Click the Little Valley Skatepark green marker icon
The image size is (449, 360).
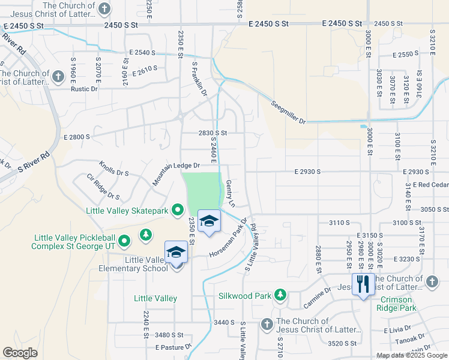pyautogui.click(x=177, y=210)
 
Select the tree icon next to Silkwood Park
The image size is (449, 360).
pyautogui.click(x=280, y=294)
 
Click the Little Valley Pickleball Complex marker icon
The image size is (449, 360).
pyautogui.click(x=124, y=242)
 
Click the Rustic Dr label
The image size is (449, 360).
pyautogui.click(x=84, y=89)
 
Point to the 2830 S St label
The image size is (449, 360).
pyautogui.click(x=212, y=133)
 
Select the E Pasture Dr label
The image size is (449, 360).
pyautogui.click(x=173, y=347)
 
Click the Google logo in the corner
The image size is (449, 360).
pyautogui.click(x=20, y=353)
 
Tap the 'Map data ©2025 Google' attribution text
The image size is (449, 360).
pyautogui.click(x=411, y=355)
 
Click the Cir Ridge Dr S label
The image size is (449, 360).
pyautogui.click(x=103, y=187)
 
